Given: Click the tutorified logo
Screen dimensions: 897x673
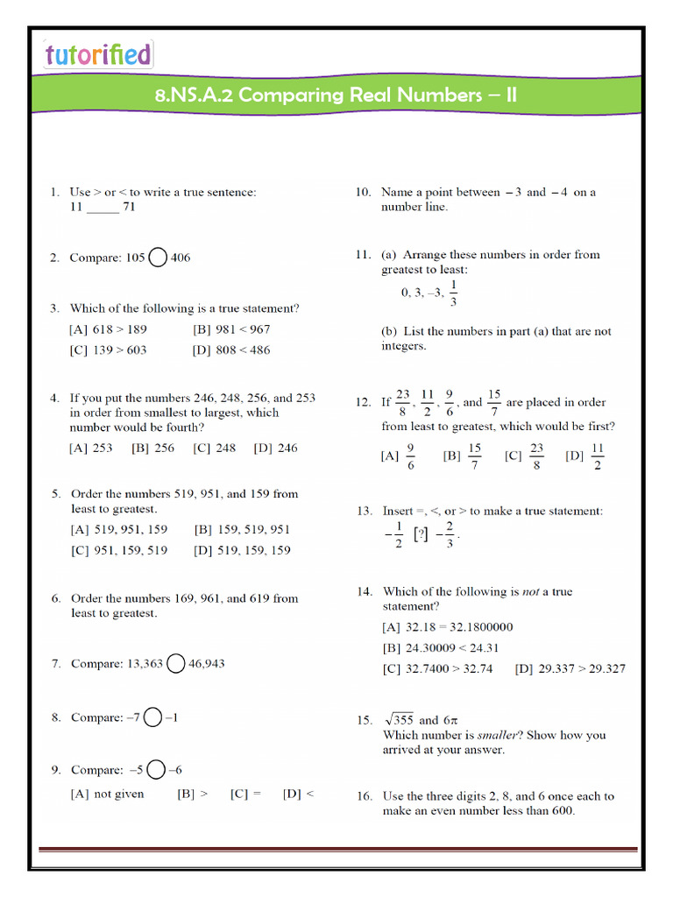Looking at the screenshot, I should click(x=98, y=54).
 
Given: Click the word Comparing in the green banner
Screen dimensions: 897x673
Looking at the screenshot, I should click(x=292, y=95).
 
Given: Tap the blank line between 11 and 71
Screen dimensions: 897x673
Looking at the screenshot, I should click(x=103, y=208).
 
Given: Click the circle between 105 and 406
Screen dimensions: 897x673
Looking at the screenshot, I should click(x=158, y=258).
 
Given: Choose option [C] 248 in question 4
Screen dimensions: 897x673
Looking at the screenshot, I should click(x=215, y=448).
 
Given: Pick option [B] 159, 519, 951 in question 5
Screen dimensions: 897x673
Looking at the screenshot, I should click(x=242, y=529).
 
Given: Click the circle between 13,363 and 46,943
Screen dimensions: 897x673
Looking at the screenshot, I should click(x=175, y=664).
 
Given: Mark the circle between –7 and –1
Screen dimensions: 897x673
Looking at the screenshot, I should click(x=152, y=717).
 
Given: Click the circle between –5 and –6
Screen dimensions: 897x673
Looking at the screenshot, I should click(x=156, y=770).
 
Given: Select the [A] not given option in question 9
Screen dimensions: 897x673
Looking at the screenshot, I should click(x=107, y=794).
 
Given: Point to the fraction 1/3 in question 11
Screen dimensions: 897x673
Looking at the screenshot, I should click(x=452, y=293).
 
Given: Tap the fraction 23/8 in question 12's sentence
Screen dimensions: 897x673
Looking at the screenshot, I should click(x=403, y=403).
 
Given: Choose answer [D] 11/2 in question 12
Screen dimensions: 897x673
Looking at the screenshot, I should click(x=588, y=456).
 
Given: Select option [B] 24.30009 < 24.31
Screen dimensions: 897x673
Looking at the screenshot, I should click(x=441, y=648).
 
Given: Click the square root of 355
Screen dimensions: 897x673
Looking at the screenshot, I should click(x=398, y=719).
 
